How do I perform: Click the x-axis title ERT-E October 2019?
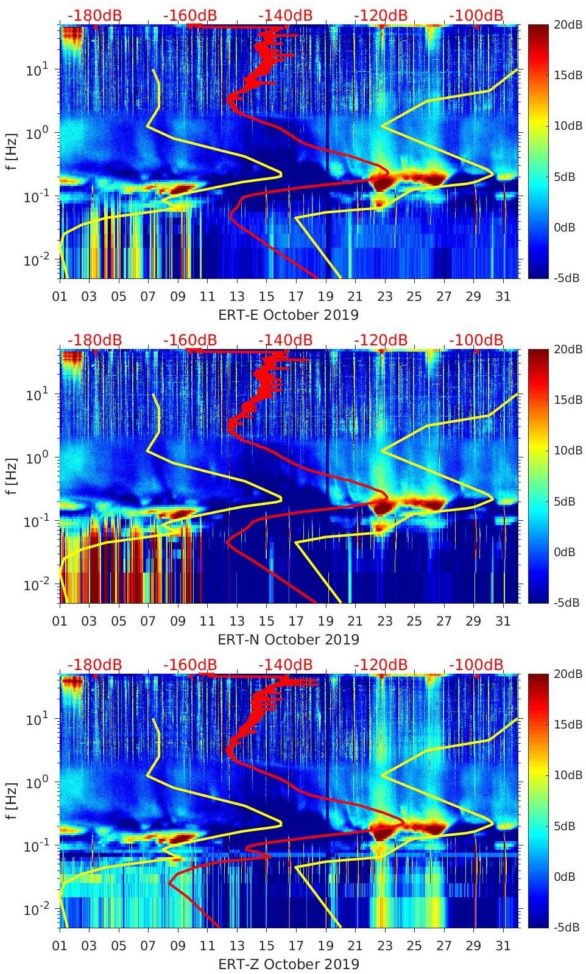click(x=288, y=315)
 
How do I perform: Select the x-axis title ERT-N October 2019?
click(x=288, y=640)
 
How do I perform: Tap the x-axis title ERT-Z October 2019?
click(x=288, y=964)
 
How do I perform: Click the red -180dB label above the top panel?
click(x=95, y=15)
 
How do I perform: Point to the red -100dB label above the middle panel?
click(x=476, y=340)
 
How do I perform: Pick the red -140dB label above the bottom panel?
click(x=286, y=665)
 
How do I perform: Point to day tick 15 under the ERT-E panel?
click(x=266, y=297)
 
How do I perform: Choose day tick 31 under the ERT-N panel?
click(x=503, y=621)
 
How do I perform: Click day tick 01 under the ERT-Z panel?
click(x=60, y=946)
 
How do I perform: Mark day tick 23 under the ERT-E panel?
click(x=384, y=297)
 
